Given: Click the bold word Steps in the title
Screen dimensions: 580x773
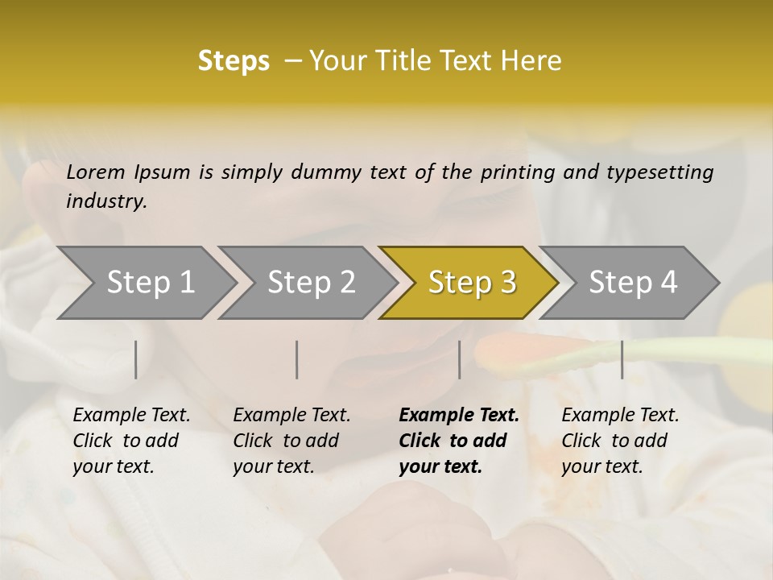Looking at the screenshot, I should pyautogui.click(x=234, y=61).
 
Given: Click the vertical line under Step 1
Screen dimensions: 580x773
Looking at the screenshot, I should pyautogui.click(x=136, y=359).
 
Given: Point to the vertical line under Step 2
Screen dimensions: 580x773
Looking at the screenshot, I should pyautogui.click(x=297, y=359).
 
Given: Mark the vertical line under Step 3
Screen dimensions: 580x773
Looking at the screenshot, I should pyautogui.click(x=459, y=359).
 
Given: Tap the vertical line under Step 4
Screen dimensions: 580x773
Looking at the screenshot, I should pyautogui.click(x=622, y=359).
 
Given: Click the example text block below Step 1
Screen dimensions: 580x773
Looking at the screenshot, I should pyautogui.click(x=130, y=441).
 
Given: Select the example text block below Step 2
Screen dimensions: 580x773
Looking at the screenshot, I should pyautogui.click(x=291, y=441).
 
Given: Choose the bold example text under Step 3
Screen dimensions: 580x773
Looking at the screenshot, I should pyautogui.click(x=458, y=441).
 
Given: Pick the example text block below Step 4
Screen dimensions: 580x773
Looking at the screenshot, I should pyautogui.click(x=619, y=441).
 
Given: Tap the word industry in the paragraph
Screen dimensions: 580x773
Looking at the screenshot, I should pyautogui.click(x=106, y=201).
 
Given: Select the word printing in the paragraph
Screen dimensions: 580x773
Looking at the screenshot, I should pyautogui.click(x=515, y=172).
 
